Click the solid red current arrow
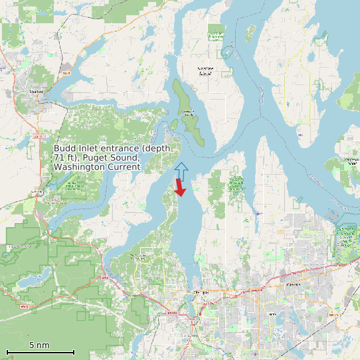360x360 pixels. (x=179, y=188)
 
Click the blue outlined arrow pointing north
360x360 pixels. (x=181, y=171)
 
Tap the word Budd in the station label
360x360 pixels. (x=64, y=148)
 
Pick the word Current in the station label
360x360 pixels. (x=123, y=167)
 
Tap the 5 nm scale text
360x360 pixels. (x=39, y=345)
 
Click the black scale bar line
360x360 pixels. (x=40, y=351)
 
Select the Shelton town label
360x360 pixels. (x=37, y=92)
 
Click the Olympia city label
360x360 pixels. (x=201, y=292)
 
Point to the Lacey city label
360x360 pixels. (x=292, y=284)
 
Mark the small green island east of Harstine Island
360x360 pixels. (x=250, y=32)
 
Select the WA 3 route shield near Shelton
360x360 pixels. (x=66, y=69)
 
